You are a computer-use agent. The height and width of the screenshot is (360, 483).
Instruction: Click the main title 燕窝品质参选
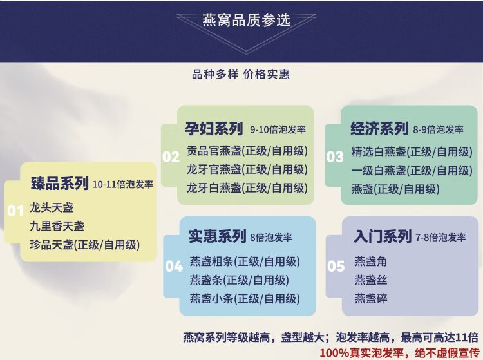[x=246, y=20]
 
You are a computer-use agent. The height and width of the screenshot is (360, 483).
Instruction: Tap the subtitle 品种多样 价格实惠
[x=241, y=74]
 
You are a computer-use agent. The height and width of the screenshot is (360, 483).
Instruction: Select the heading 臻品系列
[x=60, y=184]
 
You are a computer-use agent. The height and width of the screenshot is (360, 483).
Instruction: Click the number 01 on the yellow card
[x=15, y=211]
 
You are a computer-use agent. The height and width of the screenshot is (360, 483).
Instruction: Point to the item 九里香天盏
[x=57, y=226]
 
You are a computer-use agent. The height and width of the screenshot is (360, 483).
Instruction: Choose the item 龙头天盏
[x=52, y=207]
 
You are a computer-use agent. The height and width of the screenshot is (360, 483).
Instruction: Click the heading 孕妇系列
[x=214, y=128]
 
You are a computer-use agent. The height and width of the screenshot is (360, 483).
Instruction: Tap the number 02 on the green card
[x=171, y=156]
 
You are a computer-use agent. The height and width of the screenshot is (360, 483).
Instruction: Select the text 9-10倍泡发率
[x=278, y=129]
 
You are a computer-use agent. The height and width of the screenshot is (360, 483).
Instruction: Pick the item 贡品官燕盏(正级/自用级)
[x=247, y=151]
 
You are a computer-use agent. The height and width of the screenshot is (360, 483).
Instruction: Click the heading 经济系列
[x=379, y=128]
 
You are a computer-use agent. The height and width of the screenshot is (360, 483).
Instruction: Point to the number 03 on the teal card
[x=335, y=156]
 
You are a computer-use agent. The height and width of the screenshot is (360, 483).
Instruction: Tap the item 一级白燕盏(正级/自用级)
[x=412, y=170]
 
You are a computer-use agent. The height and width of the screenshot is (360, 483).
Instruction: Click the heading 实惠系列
[x=218, y=236]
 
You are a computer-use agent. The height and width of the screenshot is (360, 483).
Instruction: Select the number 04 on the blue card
[x=174, y=267]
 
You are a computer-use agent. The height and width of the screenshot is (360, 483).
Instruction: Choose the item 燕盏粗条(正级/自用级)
[x=245, y=261]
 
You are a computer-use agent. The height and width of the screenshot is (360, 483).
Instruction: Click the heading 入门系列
[x=383, y=236]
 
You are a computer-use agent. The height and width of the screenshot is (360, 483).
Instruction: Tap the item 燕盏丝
[x=370, y=280]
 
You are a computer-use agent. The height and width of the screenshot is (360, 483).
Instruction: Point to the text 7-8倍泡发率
[x=440, y=238]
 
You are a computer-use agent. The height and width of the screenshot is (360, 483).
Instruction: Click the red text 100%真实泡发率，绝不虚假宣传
[x=399, y=353]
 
